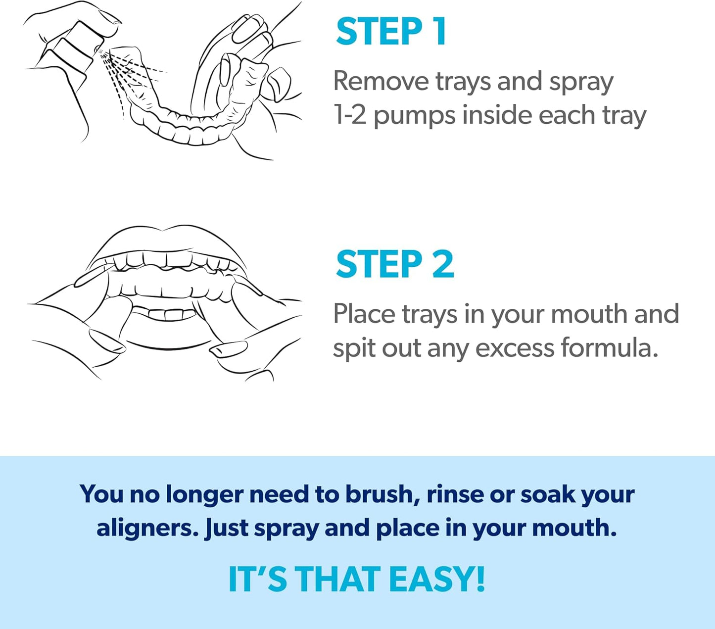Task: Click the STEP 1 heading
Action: (x=391, y=32)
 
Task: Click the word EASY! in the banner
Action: (x=436, y=579)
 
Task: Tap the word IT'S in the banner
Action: (x=257, y=579)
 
